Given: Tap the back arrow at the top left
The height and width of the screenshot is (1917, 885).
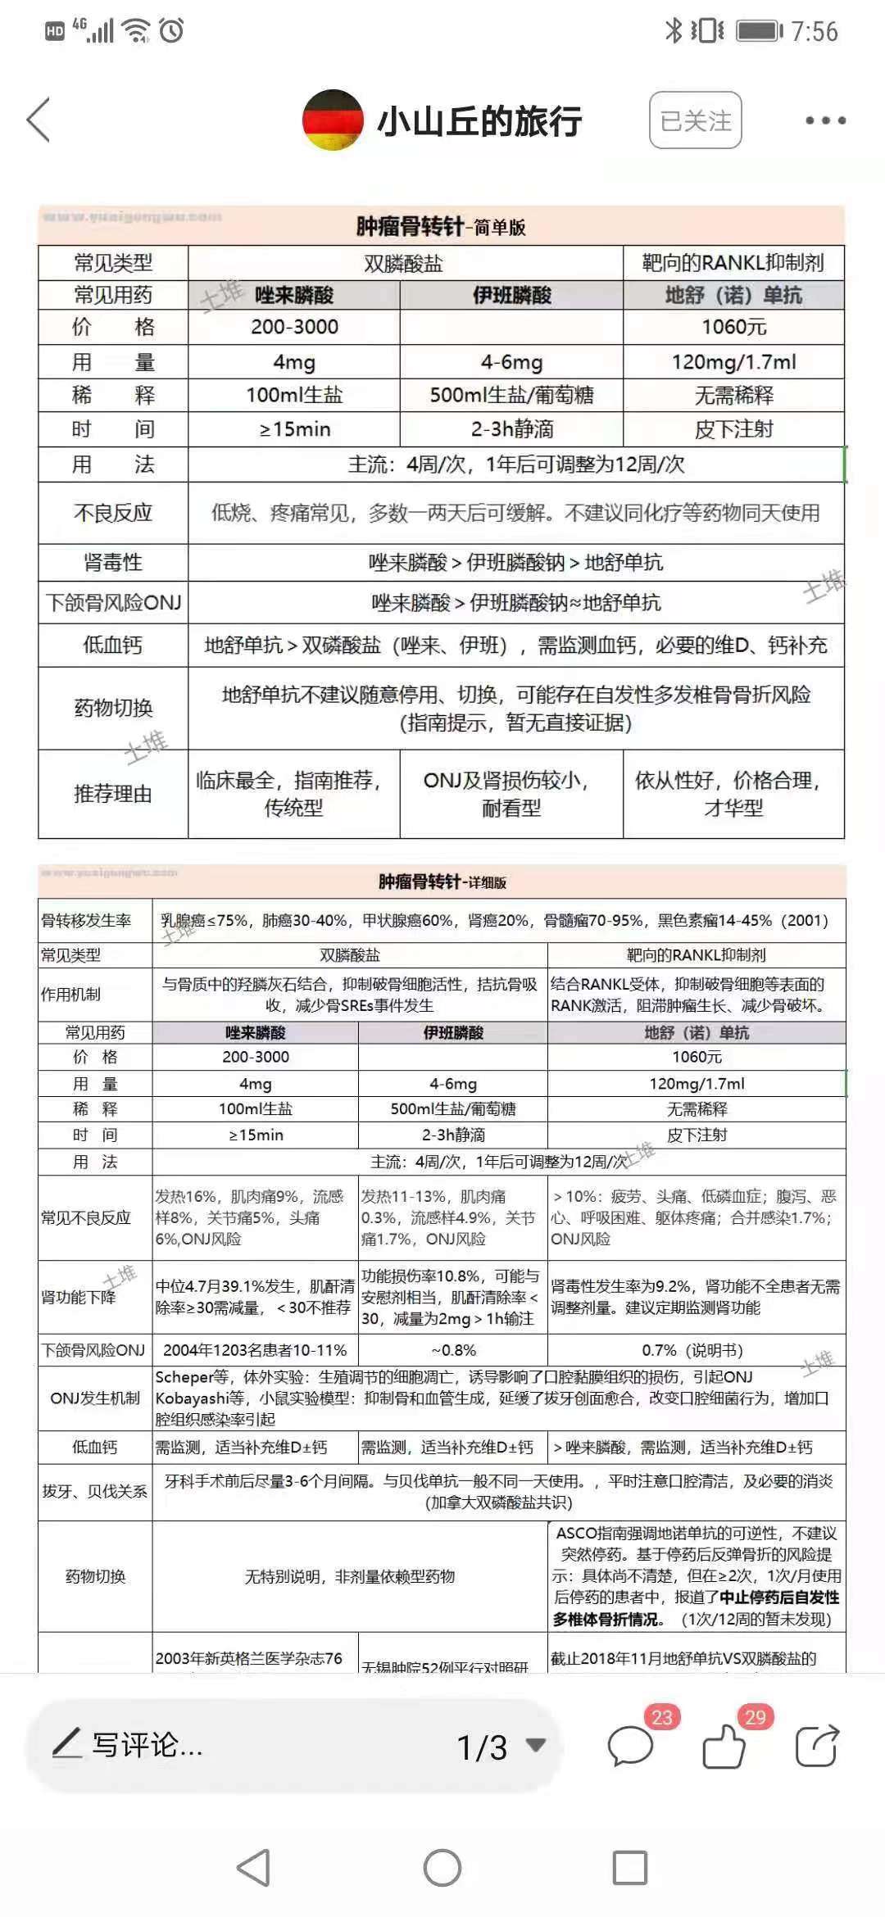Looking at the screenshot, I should [x=39, y=120].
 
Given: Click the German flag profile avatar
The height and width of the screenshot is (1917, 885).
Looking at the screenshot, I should [x=333, y=120].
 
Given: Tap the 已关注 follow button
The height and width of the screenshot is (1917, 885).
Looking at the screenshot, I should [x=695, y=120].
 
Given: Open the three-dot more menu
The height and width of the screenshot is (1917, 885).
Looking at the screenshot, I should [x=824, y=120].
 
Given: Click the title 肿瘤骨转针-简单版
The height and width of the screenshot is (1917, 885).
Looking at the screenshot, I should [x=441, y=226].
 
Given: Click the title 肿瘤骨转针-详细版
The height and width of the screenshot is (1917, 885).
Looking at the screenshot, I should [x=442, y=881].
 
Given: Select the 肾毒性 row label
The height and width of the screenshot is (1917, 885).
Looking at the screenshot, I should [x=113, y=562].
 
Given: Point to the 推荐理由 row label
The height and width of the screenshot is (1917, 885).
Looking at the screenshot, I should [x=113, y=793].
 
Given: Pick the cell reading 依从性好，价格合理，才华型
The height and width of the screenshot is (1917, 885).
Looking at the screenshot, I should [x=733, y=793].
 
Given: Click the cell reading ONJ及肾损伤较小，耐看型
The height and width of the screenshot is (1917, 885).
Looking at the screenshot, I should [x=511, y=793].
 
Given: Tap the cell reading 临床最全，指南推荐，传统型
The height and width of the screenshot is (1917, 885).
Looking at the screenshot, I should [x=293, y=793].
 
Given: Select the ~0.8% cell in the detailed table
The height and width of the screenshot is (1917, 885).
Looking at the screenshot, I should [x=453, y=1350].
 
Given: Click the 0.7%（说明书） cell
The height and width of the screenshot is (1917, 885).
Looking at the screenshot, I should [x=697, y=1350].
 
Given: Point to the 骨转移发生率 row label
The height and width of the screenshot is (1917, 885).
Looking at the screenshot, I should [x=87, y=920].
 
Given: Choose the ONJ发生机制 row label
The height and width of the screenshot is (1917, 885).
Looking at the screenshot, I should [x=95, y=1398].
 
